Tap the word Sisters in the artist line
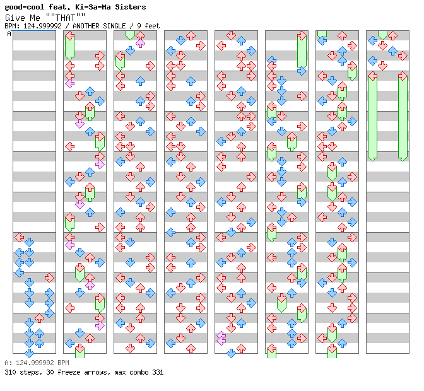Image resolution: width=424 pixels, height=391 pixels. [x=129, y=7]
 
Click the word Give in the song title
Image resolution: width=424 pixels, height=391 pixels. [x=14, y=18]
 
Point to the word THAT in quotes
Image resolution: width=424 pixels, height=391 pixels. [x=65, y=18]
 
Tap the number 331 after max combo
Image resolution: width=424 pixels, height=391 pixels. [x=157, y=372]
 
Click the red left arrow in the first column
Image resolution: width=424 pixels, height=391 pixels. [x=19, y=238]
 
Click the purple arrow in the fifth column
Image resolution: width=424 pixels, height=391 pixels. [x=221, y=338]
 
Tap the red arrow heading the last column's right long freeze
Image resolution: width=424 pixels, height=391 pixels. [x=403, y=76]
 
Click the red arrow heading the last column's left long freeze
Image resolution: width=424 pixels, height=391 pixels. [x=372, y=76]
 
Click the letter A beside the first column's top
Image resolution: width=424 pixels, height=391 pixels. [x=9, y=34]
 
